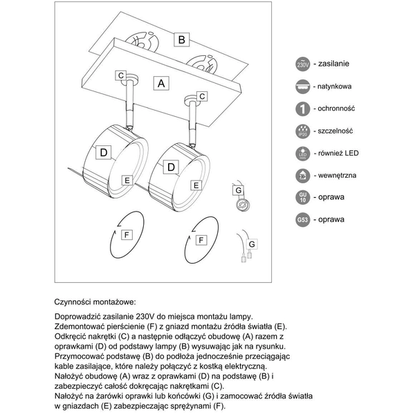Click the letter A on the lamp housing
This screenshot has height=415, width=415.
pos(161,83)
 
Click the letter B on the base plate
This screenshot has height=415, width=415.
pos(181,39)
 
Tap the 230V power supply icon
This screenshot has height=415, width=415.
pos(302,64)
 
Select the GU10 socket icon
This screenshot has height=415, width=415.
pos(302,197)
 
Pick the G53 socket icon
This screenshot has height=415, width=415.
pos(302,220)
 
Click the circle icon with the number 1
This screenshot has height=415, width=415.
pos(302,109)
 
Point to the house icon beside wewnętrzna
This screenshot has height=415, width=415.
pos(302,175)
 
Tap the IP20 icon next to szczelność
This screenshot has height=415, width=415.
pos(302,131)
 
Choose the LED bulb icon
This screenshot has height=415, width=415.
pos(302,153)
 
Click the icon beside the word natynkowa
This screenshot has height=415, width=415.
pos(302,86)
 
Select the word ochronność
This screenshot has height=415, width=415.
pos(335,109)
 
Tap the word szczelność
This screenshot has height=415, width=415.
pos(335,131)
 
